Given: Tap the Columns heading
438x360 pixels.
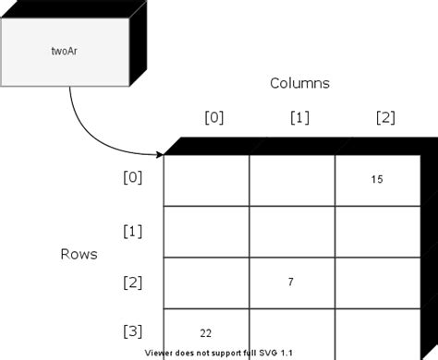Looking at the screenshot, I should pos(299,83).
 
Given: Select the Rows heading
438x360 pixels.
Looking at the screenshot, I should pos(79,253).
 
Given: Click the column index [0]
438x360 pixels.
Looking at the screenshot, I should pos(213,117).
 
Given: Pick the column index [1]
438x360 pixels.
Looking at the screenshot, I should pos(298,117).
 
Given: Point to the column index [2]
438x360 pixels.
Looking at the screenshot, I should pos(385,117).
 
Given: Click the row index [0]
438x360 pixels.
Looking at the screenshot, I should pos(132,179).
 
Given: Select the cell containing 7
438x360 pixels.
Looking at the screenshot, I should pos(291,281).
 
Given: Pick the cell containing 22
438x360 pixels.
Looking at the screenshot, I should pos(207,330).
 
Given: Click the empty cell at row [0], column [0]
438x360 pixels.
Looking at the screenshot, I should pos(206,181).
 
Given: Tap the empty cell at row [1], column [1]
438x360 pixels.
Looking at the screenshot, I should pos(291,232).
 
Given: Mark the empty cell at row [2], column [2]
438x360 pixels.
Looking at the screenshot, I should pos(376,282).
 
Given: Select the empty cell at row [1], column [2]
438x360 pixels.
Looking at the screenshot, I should pos(376,232).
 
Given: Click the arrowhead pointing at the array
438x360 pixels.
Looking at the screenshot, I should pos(158,154).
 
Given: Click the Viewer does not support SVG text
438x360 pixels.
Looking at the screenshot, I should pos(219,353).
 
